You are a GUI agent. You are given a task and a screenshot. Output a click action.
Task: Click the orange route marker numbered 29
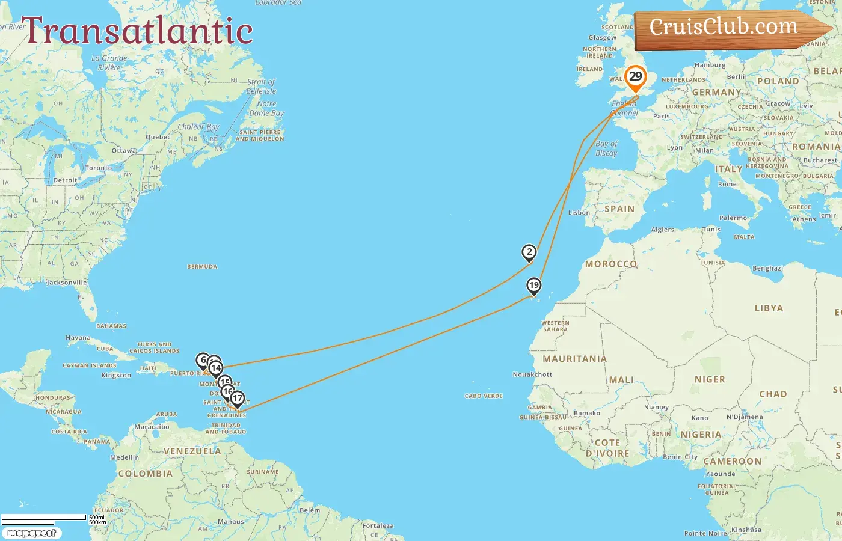coord(635,77)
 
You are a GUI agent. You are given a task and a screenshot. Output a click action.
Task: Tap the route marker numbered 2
coord(529,252)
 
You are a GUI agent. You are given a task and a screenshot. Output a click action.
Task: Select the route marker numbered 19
coord(533,286)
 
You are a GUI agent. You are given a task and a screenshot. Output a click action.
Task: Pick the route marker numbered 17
coord(238,398)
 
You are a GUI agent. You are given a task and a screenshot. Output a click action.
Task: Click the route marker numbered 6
coord(203,361)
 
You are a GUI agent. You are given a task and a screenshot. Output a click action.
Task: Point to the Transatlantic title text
coord(137,31)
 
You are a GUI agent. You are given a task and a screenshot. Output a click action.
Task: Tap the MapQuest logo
coord(31,533)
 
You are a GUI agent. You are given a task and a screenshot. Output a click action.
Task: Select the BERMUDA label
coord(202,267)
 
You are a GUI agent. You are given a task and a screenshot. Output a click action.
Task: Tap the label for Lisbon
coord(579,213)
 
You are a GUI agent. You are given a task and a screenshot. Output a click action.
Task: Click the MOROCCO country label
coord(611,264)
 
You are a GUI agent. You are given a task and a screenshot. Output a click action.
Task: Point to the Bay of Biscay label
coord(606,148)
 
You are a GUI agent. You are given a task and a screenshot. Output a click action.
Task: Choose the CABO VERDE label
coord(484,396)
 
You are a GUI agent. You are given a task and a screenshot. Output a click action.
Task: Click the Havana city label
coord(78,338)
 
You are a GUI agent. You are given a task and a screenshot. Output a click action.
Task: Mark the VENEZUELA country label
coord(192,451)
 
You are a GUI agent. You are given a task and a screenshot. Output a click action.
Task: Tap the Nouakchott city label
coord(532,374)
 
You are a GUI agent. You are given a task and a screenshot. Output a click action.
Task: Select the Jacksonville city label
coord(67,283)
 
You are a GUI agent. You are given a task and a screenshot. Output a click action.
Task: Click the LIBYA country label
coord(769,308)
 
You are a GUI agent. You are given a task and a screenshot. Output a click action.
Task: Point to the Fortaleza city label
coord(378,526)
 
